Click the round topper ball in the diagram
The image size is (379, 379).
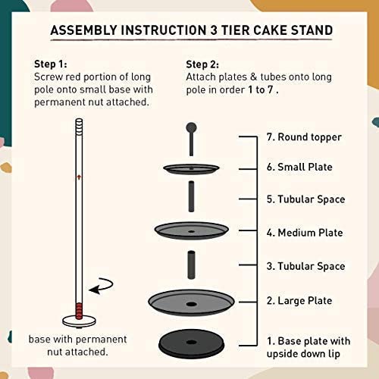click(x=191, y=128)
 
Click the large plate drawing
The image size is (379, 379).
click(x=191, y=302)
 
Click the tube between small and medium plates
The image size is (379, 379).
click(x=191, y=196)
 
